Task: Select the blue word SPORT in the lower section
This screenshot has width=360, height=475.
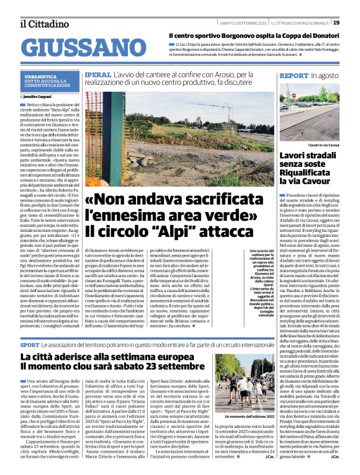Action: (29, 344)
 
